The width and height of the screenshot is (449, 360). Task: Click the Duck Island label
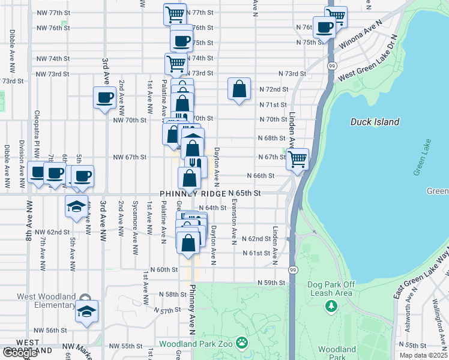(375, 122)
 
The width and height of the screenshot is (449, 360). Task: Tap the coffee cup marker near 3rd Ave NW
(105, 98)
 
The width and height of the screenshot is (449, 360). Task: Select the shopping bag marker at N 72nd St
(239, 89)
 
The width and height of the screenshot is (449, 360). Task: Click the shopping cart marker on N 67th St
(297, 160)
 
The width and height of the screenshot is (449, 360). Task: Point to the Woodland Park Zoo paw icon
(241, 343)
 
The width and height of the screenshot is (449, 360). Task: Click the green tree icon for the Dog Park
(330, 307)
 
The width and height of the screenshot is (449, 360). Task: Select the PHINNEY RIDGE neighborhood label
(192, 194)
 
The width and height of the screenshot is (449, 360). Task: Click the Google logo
(20, 352)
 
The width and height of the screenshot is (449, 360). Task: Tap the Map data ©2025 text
(422, 355)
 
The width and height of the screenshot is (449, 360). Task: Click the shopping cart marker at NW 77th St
(175, 14)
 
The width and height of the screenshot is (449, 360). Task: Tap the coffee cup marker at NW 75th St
(182, 41)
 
